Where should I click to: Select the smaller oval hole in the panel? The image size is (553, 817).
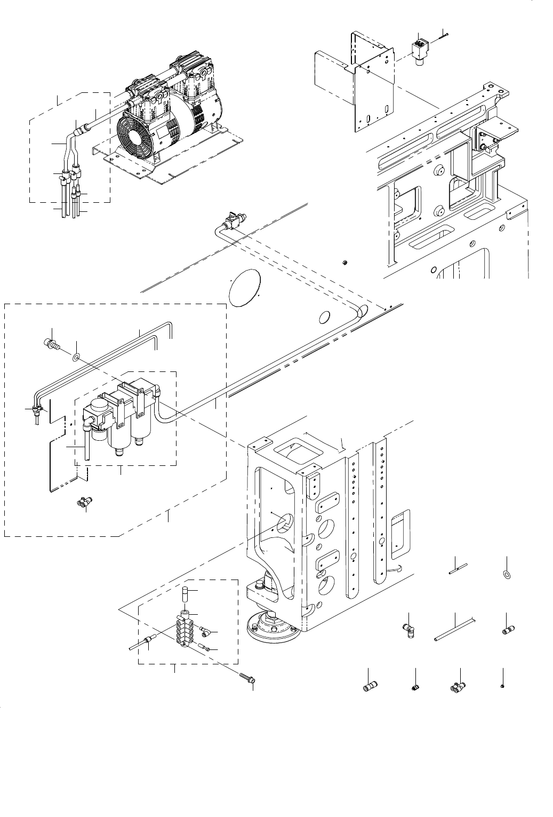point(324,318)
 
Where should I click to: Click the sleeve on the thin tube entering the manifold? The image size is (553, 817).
point(149,640)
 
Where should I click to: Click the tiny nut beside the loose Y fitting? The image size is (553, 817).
point(503,686)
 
